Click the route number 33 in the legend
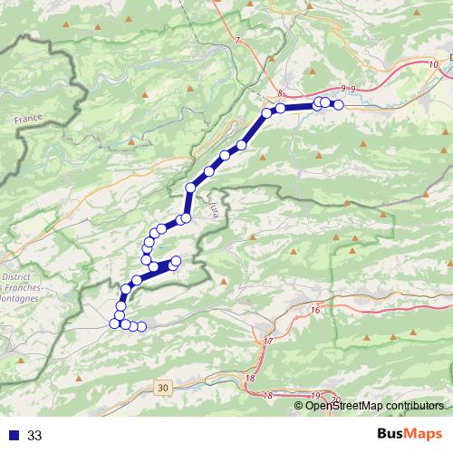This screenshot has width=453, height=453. [x=35, y=436]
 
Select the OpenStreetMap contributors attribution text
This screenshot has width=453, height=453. [x=373, y=405]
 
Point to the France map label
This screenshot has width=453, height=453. [x=30, y=119]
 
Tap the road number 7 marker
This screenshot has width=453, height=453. [x=237, y=42]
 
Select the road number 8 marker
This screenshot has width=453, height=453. [x=281, y=94]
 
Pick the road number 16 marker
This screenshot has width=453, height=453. [x=315, y=311]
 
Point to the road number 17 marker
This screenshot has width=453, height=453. [x=268, y=342]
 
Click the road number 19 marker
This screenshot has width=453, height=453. [x=315, y=396]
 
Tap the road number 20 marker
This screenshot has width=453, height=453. [x=334, y=400]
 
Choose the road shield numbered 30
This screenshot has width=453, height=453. [x=162, y=388]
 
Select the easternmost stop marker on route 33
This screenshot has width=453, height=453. [x=339, y=105]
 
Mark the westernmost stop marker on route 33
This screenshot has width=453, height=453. [x=114, y=323]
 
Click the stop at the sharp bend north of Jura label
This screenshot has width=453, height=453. [x=190, y=188]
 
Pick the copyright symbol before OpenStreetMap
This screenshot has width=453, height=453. [x=299, y=405]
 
